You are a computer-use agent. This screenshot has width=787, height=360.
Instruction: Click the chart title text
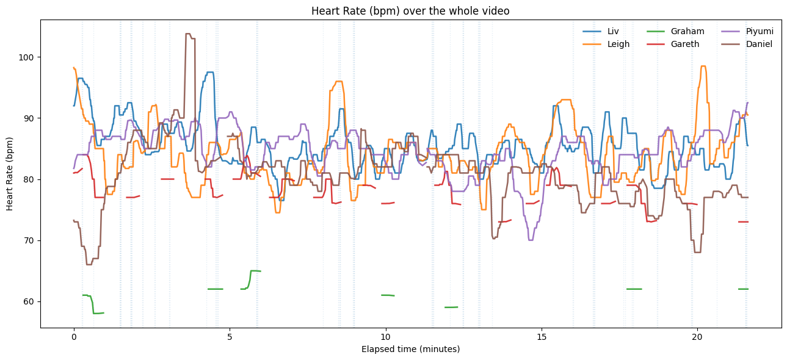(410, 11)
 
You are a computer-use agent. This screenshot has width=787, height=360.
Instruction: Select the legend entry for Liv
(613, 31)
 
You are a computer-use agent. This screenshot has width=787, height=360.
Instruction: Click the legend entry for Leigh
(618, 44)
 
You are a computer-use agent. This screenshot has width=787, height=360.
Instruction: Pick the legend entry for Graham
(687, 31)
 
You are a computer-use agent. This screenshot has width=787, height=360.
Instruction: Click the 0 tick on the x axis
(74, 337)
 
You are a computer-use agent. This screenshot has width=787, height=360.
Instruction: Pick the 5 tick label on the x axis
(230, 337)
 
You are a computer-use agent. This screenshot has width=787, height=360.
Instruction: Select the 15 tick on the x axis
(542, 337)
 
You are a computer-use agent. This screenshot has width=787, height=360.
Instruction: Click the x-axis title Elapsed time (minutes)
(410, 349)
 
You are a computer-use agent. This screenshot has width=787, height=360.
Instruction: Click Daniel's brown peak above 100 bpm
(189, 34)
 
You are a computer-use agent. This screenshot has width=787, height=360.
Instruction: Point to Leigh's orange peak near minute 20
(703, 67)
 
